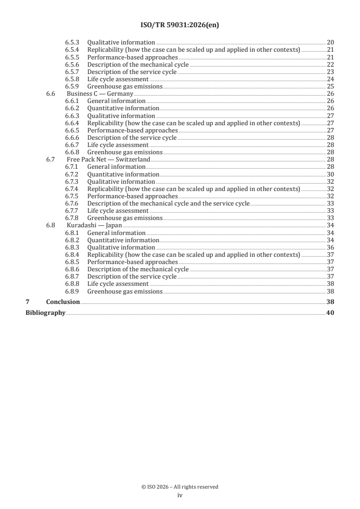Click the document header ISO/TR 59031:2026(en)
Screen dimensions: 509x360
180,26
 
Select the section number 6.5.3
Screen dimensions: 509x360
72,42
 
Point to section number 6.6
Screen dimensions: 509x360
51,93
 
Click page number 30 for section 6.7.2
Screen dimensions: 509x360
330,174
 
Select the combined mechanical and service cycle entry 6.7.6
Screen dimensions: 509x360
168,203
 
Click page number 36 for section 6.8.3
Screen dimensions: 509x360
330,247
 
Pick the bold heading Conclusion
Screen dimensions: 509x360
63,302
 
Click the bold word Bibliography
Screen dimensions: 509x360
45,313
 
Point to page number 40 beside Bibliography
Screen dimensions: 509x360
330,313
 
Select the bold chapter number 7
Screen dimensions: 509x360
27,302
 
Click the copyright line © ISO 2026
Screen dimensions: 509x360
180,487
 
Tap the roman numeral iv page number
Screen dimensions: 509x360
180,495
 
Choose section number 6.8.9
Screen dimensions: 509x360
72,291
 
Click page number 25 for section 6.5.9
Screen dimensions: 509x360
330,86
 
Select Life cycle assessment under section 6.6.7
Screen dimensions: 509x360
118,145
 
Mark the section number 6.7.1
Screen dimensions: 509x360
72,167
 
